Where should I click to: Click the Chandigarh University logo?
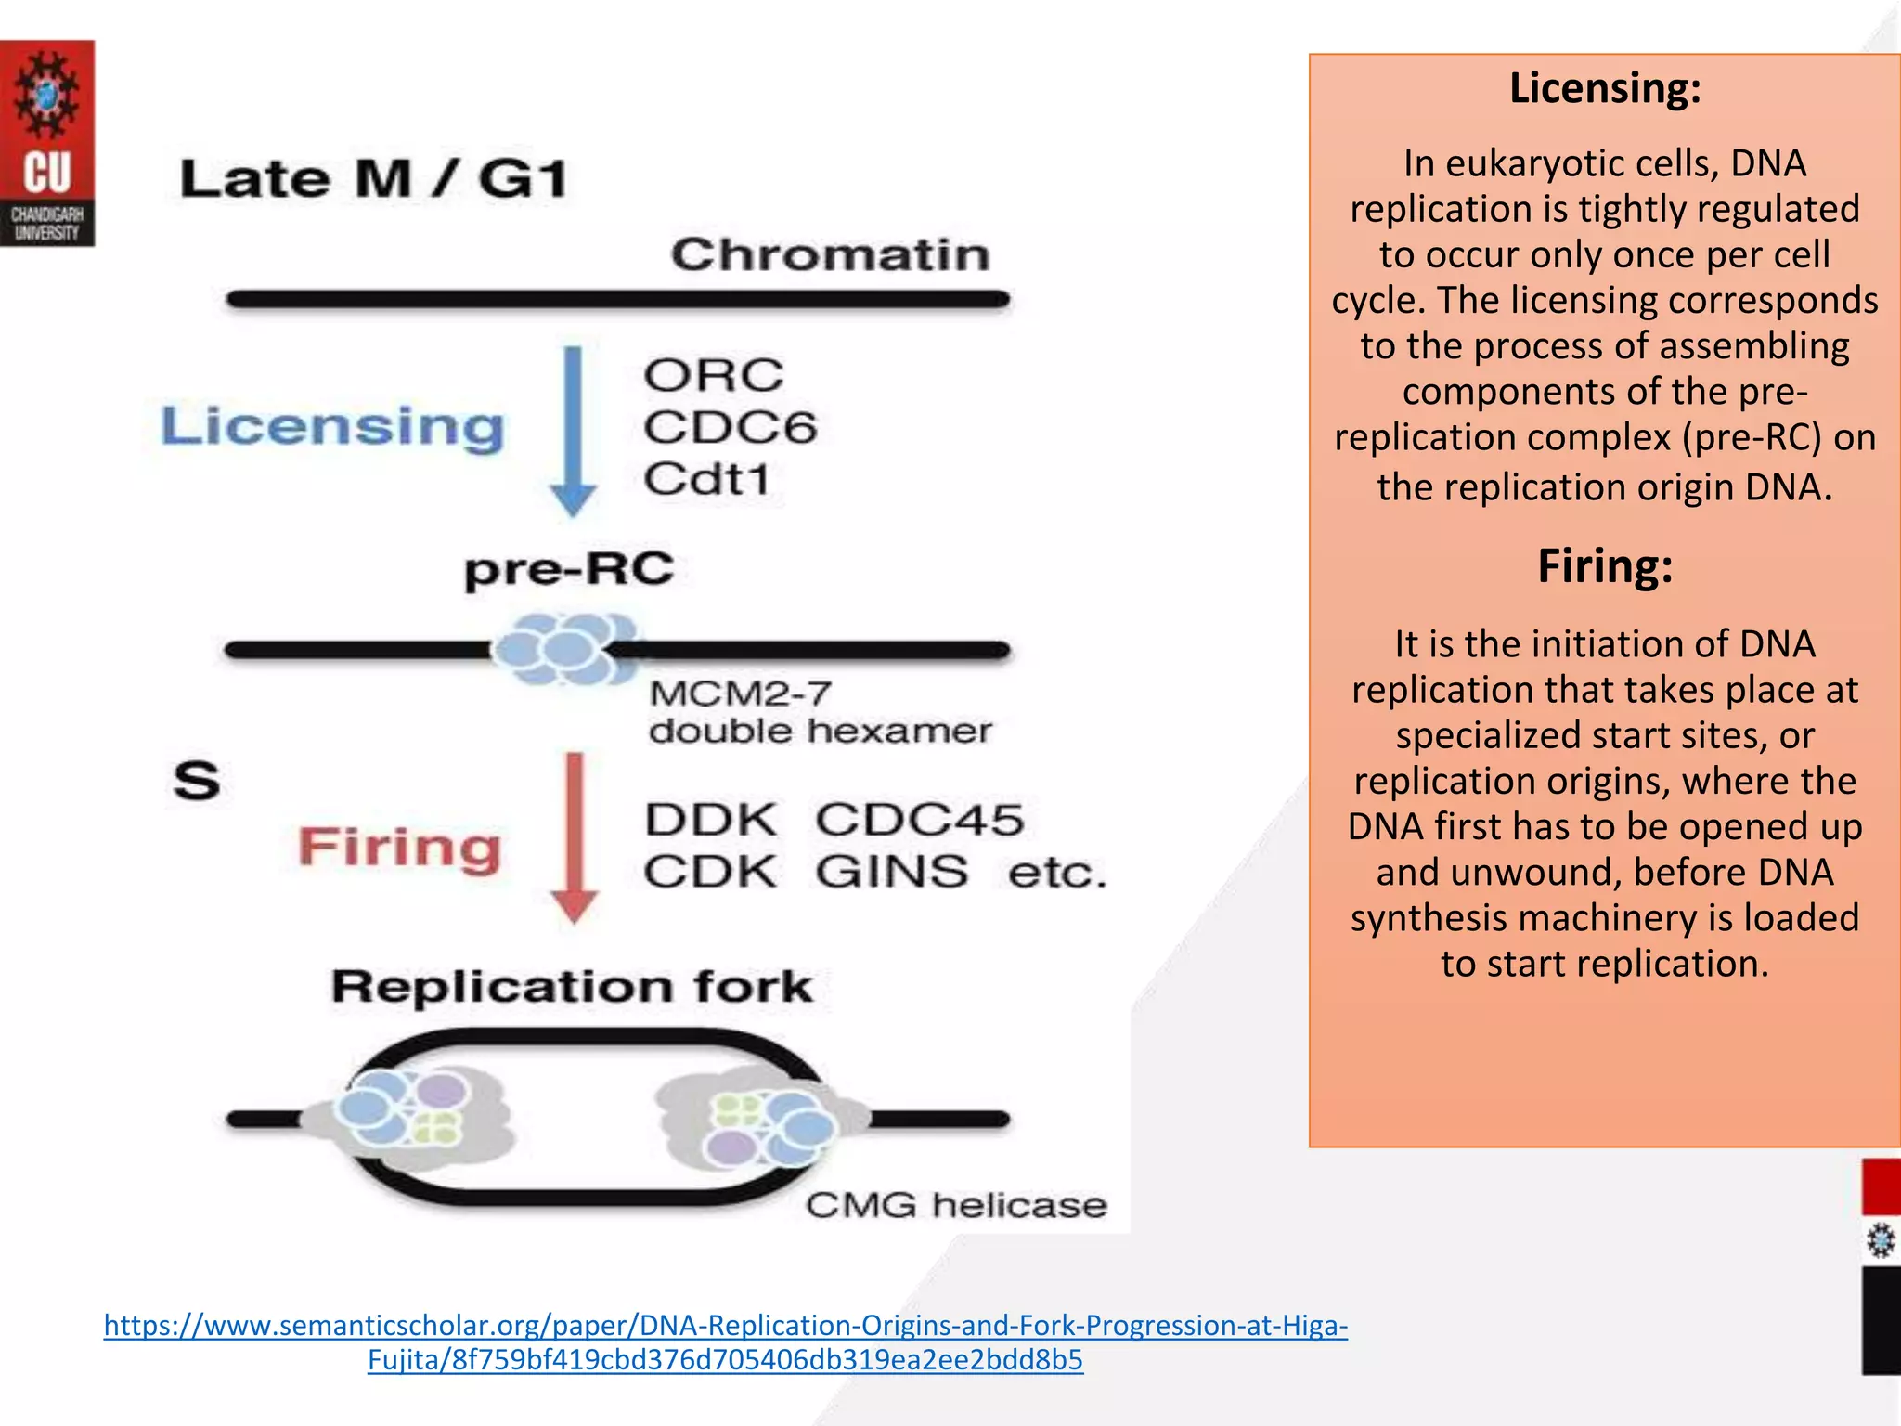click(x=47, y=143)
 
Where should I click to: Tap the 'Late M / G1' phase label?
click(x=373, y=178)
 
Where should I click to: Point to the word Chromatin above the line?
click(x=830, y=254)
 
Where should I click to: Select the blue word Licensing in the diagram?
click(x=332, y=427)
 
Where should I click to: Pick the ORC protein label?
click(x=714, y=376)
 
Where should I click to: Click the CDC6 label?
click(x=730, y=428)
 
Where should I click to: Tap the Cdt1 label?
click(x=707, y=480)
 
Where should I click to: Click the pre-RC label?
click(x=569, y=568)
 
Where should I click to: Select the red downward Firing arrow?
click(x=575, y=836)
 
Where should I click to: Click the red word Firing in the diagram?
click(x=399, y=847)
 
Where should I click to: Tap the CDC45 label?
click(x=919, y=820)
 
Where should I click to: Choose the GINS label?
click(x=891, y=872)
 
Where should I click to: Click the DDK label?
click(x=711, y=820)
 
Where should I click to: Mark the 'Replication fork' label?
click(x=572, y=986)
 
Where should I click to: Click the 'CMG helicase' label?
click(x=956, y=1205)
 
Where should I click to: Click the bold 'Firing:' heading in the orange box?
click(x=1605, y=566)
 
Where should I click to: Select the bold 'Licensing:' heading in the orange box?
click(x=1605, y=89)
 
